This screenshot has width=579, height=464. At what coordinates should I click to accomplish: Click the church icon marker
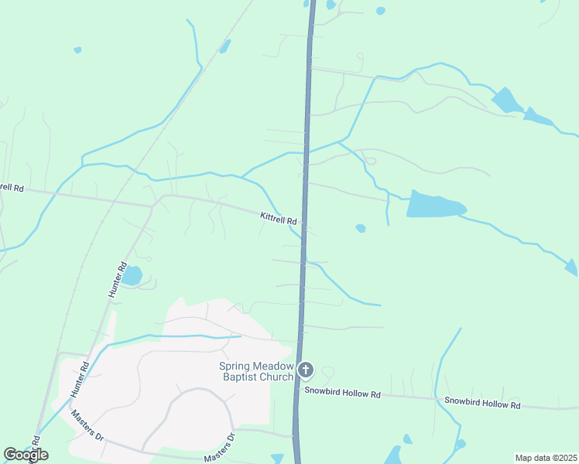coord(306,370)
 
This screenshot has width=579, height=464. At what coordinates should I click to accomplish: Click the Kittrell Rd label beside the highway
coord(279,220)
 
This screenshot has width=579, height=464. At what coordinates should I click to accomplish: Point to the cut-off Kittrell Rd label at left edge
coord(12,187)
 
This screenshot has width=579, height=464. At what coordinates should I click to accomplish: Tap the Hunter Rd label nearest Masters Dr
coord(81,380)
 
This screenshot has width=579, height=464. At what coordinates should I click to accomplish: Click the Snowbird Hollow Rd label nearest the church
coord(342,394)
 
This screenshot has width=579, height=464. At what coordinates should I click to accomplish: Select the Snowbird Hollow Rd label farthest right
coord(482,404)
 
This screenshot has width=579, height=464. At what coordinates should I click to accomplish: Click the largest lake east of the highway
coord(434,205)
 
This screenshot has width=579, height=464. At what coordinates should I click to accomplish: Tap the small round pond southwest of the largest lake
coord(360,228)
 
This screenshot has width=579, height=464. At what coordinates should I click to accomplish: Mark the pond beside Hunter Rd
coord(132,275)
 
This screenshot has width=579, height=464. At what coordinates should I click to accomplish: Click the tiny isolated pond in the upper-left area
coord(77,50)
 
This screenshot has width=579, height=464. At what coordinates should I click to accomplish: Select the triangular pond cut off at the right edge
coord(572,268)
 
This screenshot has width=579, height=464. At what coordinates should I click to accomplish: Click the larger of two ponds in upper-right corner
coord(506,100)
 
